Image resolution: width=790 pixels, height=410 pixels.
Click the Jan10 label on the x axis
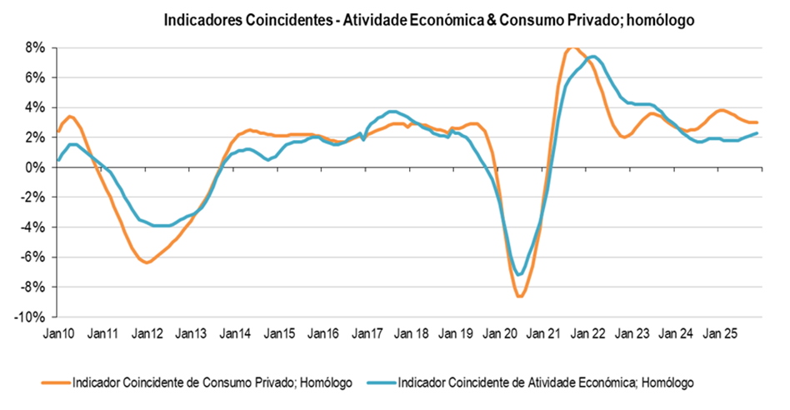pos(58,334)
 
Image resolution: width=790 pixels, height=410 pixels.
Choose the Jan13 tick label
pos(191,334)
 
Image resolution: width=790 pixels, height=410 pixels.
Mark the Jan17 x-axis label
pos(367,334)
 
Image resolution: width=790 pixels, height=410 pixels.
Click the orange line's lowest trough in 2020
pos(519,296)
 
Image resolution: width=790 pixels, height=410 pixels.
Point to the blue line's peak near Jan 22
pos(592,57)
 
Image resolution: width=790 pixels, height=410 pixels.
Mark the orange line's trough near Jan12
pos(147,262)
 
